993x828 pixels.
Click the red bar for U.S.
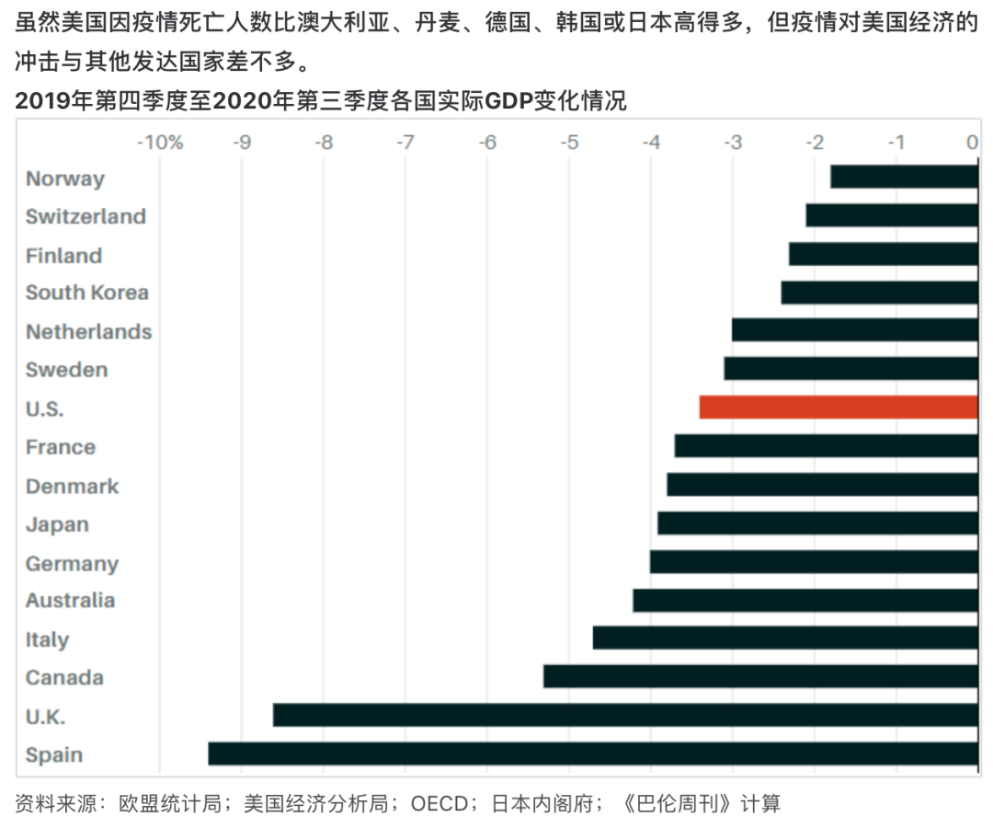pyautogui.click(x=838, y=407)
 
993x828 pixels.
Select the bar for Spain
pyautogui.click(x=592, y=753)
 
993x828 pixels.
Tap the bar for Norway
pyautogui.click(x=903, y=177)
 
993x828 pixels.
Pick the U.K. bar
pyautogui.click(x=625, y=715)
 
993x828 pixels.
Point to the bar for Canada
pyautogui.click(x=759, y=676)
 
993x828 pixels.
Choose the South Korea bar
pyautogui.click(x=879, y=293)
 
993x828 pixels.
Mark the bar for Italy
pyautogui.click(x=784, y=638)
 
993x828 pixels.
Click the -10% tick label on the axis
pyautogui.click(x=159, y=143)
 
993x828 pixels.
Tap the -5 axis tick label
pyautogui.click(x=569, y=143)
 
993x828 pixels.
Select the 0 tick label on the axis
pyautogui.click(x=972, y=143)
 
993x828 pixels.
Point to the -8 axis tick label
pyautogui.click(x=324, y=143)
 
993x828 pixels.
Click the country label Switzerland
pyautogui.click(x=86, y=216)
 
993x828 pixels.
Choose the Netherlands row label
pyautogui.click(x=88, y=331)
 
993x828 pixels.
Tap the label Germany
pyautogui.click(x=72, y=563)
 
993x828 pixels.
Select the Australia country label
pyautogui.click(x=70, y=600)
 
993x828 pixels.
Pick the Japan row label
pyautogui.click(x=57, y=524)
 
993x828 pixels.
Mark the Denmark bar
pyautogui.click(x=822, y=484)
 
